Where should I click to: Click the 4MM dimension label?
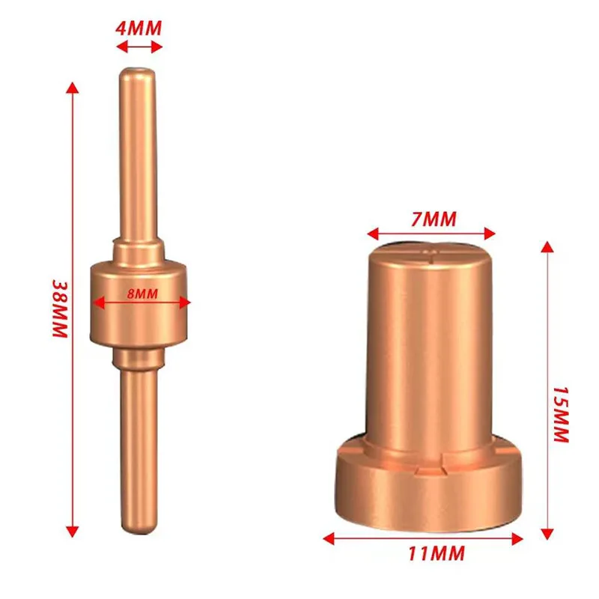[139, 29]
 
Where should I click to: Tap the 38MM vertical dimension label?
[59, 309]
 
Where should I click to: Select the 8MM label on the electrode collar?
[142, 292]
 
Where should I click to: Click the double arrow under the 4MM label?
[139, 46]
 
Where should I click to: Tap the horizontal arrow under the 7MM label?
[434, 234]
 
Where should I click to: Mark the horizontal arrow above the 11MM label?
[423, 536]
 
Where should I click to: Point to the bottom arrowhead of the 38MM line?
[72, 530]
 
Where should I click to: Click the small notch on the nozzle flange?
[431, 469]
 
